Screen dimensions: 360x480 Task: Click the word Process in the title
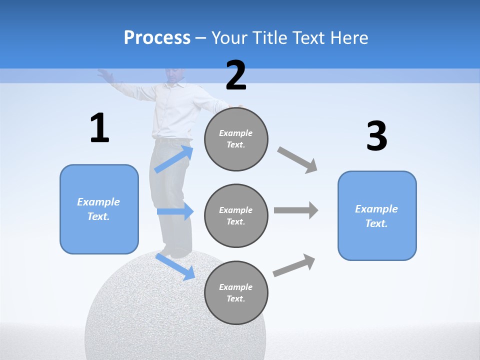[x=157, y=38]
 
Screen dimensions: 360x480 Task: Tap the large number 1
[x=99, y=128]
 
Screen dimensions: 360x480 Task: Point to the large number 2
[x=236, y=75]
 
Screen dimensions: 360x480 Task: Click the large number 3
[x=376, y=136]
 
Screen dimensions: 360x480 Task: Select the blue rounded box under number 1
[x=99, y=209]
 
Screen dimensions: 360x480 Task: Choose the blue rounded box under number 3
[x=377, y=215]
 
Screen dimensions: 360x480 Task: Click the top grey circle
[x=236, y=139]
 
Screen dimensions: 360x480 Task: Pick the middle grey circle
[x=236, y=215]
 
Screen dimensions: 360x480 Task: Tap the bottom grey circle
[x=236, y=292]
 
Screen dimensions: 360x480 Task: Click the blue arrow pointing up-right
[x=174, y=159]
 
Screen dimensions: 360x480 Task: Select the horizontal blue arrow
[x=175, y=211]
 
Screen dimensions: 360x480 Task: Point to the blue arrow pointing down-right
[x=175, y=266]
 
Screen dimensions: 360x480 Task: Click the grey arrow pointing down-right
[x=297, y=160]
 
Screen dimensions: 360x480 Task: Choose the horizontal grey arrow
[x=296, y=210]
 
